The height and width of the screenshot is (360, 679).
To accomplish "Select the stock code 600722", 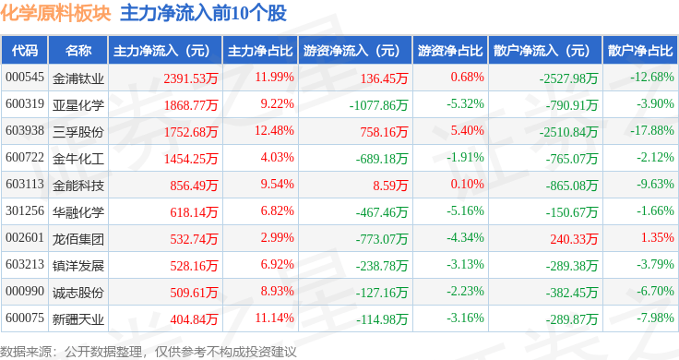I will (25, 158).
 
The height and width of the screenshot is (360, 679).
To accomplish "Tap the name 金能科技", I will (78, 186).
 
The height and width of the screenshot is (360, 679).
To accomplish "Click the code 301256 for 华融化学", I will (25, 212).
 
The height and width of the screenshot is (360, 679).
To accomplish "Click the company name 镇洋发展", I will (78, 266).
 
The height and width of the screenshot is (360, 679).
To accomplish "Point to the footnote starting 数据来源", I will (149, 351).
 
